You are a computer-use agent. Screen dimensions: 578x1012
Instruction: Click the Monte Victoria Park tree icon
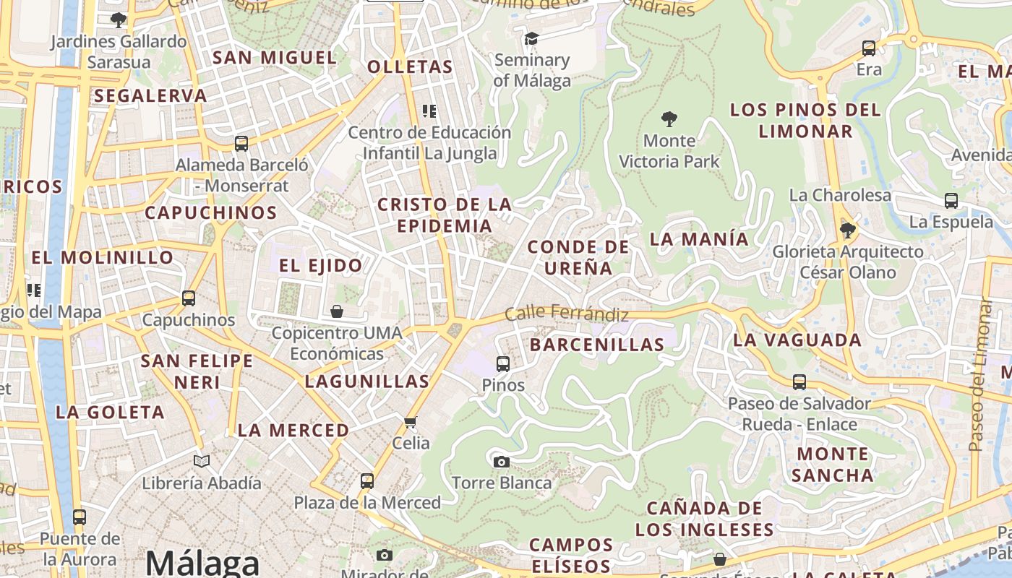point(669,118)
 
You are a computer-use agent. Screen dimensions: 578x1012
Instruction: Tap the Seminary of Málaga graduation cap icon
point(532,38)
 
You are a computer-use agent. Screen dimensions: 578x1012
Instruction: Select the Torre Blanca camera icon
point(502,462)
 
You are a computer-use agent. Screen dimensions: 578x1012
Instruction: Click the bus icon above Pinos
point(503,363)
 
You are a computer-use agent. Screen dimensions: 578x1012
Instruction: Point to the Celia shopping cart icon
point(411,422)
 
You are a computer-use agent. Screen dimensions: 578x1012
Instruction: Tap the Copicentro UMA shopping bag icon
point(337,311)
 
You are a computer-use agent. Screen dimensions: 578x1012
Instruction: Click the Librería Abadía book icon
point(202,461)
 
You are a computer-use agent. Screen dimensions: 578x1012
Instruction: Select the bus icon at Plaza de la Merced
point(367,480)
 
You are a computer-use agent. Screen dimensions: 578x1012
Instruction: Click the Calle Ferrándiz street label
point(566,314)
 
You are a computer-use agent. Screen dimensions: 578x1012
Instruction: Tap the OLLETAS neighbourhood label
point(410,67)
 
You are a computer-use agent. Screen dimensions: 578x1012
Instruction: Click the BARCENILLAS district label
point(596,345)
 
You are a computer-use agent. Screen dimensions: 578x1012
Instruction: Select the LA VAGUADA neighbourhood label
point(797,340)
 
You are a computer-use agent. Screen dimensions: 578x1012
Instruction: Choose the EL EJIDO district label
point(321,265)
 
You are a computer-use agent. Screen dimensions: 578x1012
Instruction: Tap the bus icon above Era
point(869,48)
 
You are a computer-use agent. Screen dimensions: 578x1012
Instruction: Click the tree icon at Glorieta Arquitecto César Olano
point(847,230)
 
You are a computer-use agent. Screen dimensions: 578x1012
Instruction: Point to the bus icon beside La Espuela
point(951,201)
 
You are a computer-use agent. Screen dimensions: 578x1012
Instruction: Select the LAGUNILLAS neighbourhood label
point(366,381)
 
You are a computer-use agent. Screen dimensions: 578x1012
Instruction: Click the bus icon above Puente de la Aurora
point(80,517)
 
